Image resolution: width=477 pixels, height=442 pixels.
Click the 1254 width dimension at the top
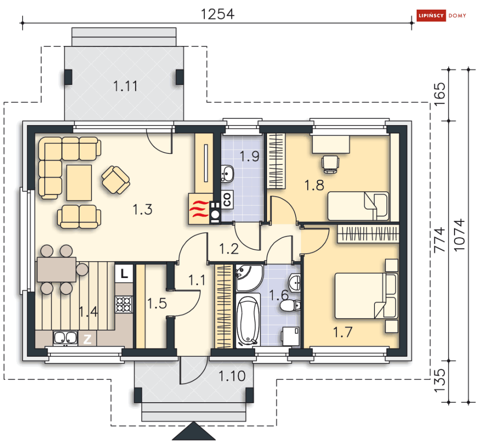(x=218, y=14)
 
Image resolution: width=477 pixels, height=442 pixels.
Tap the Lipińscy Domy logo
(x=441, y=15)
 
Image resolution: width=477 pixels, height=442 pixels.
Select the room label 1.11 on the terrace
(x=125, y=86)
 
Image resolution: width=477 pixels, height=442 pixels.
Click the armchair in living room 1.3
(x=116, y=180)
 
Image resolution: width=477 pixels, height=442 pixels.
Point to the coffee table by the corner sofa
(x=79, y=183)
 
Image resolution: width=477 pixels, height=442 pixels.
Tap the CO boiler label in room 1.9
(x=227, y=199)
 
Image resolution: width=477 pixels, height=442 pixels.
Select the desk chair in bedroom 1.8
(x=330, y=164)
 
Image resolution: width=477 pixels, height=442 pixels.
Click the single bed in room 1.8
(x=358, y=206)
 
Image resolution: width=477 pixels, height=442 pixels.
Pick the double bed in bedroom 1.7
(x=366, y=295)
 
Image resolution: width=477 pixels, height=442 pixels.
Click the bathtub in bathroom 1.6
(x=248, y=321)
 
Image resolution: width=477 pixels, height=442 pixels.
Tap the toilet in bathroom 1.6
(x=290, y=305)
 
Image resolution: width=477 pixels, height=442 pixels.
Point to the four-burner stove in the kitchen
(x=124, y=304)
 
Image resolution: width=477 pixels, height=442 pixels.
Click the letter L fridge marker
(x=124, y=274)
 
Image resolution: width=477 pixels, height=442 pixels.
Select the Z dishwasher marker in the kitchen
(x=88, y=339)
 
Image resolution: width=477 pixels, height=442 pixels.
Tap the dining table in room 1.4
(x=57, y=269)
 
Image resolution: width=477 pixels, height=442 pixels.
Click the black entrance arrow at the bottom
(x=194, y=431)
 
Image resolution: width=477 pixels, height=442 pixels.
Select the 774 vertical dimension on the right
(x=439, y=240)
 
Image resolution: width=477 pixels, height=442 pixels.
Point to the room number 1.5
(x=157, y=303)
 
